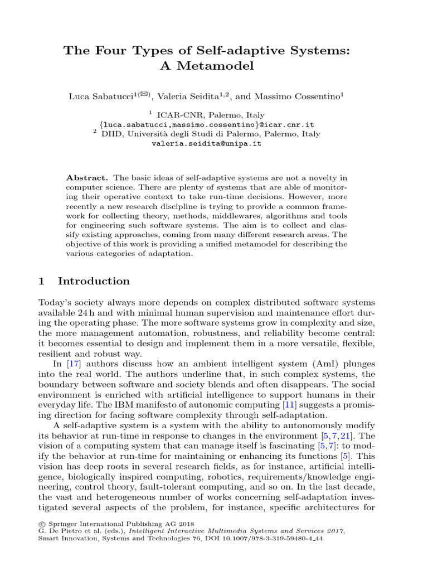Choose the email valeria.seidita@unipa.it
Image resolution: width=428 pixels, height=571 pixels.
tap(206, 143)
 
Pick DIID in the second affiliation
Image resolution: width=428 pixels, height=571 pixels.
tap(111, 134)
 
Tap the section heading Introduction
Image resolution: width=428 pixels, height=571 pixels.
tap(94, 281)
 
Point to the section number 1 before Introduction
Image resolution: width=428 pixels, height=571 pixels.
tap(41, 281)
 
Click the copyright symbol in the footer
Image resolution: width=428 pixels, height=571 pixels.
tap(41, 524)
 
